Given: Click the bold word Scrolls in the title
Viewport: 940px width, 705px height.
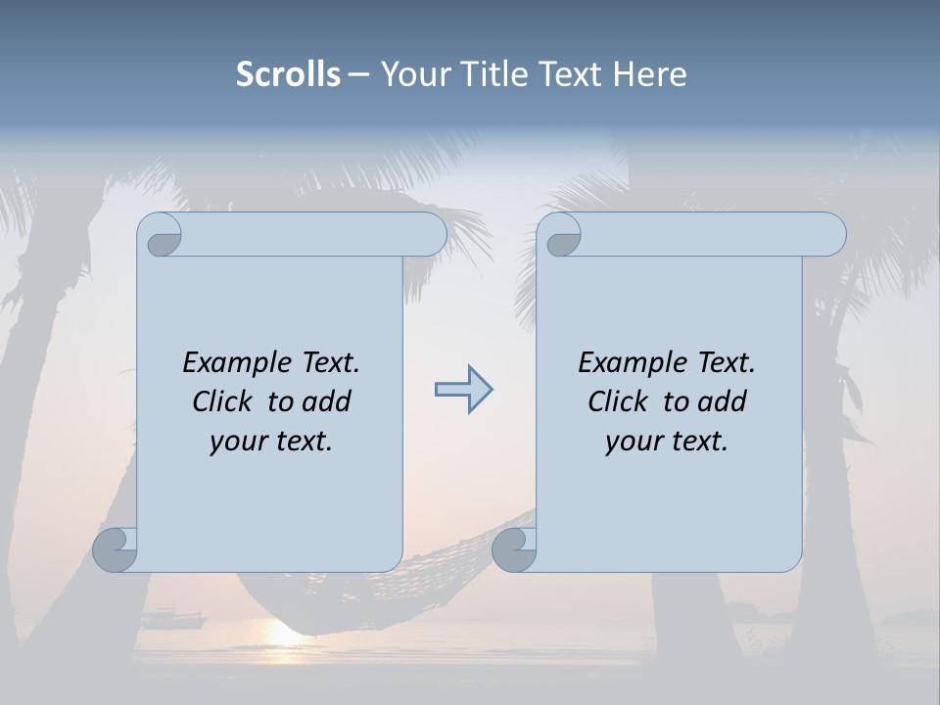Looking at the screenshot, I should pyautogui.click(x=288, y=74).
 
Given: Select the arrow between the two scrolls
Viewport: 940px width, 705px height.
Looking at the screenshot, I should pyautogui.click(x=463, y=390).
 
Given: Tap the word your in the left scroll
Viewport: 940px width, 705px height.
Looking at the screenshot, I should pyautogui.click(x=238, y=442).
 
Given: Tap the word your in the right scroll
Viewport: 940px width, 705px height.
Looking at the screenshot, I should pyautogui.click(x=634, y=442).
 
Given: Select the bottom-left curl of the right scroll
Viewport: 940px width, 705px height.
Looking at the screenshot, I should pyautogui.click(x=514, y=549).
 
